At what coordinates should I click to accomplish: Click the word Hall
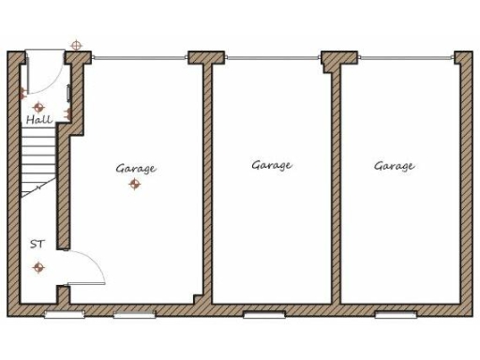[x=38, y=120]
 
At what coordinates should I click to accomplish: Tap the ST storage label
[x=37, y=244]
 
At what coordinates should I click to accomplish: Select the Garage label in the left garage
[x=136, y=169]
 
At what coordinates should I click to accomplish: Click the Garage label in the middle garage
[x=272, y=165]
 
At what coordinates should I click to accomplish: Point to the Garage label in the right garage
[x=395, y=166]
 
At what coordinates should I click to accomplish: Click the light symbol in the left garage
[x=134, y=185]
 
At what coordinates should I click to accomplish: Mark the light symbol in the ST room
[x=38, y=267]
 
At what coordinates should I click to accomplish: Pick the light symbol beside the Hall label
[x=39, y=107]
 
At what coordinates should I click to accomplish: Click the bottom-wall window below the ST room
[x=63, y=315]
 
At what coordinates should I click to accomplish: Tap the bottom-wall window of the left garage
[x=132, y=315]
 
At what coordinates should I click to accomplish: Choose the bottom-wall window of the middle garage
[x=262, y=315]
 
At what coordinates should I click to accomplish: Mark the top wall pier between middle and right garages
[x=333, y=60]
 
